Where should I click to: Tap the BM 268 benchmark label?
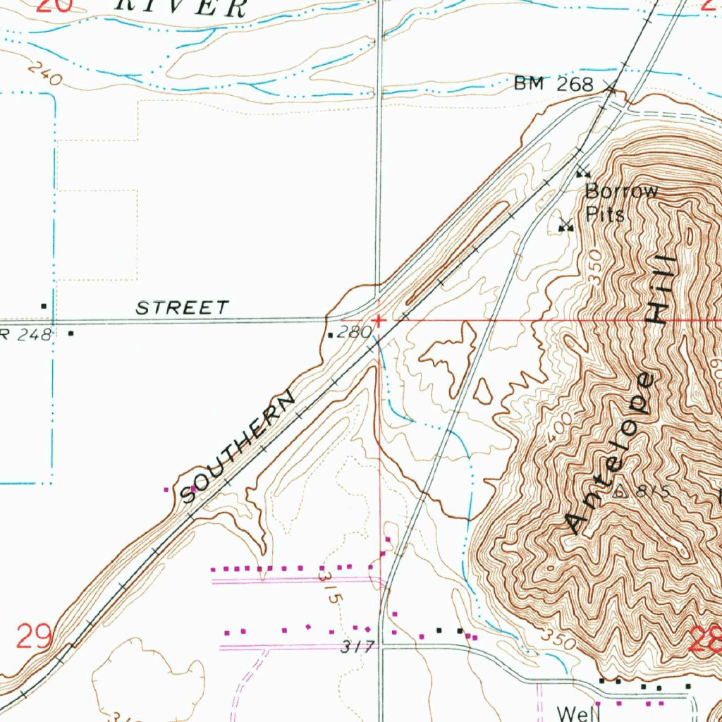(x=553, y=85)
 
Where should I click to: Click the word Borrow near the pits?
(x=621, y=190)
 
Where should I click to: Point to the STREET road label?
(x=183, y=308)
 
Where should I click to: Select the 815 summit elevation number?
(x=651, y=491)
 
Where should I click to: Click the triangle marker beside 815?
(x=620, y=491)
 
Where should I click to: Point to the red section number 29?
(x=34, y=638)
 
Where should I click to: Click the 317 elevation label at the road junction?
(x=355, y=646)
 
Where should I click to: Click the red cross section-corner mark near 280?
(x=379, y=321)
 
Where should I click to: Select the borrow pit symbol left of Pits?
(x=565, y=226)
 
